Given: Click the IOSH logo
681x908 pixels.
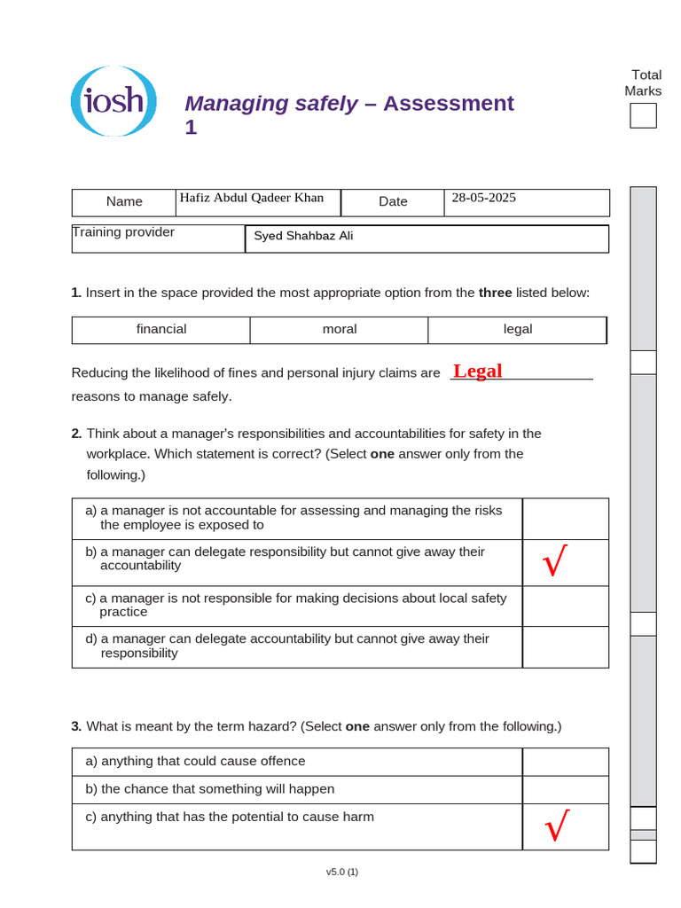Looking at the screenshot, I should [x=113, y=101].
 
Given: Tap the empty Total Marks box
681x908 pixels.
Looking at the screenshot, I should [x=643, y=116].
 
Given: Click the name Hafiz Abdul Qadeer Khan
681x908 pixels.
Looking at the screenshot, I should [x=252, y=198].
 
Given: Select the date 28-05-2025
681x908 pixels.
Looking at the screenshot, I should [x=483, y=198].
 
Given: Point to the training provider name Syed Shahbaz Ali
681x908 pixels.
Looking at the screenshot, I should [x=303, y=236].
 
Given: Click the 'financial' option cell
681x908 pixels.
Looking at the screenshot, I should [x=161, y=329].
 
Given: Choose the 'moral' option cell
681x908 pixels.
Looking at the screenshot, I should [x=340, y=329].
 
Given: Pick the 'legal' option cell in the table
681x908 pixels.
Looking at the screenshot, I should [x=518, y=329].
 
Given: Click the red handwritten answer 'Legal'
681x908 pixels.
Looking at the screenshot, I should [x=477, y=371].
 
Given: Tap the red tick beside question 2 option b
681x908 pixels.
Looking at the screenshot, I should [x=556, y=562].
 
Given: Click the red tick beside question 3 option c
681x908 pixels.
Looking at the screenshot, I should [x=557, y=826].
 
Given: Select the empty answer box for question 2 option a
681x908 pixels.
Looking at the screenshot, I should [x=565, y=518].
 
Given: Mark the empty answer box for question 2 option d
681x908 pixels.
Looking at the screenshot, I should [x=565, y=646].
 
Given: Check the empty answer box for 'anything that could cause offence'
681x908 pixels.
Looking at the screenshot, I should [x=565, y=762].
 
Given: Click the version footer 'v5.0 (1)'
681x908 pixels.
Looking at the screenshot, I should [x=341, y=872].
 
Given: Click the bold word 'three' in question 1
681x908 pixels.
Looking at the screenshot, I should [x=495, y=293].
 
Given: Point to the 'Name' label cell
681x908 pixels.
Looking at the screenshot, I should [x=124, y=201].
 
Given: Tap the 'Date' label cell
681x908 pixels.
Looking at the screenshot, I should [x=393, y=201].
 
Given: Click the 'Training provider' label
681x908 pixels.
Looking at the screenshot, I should [x=123, y=232].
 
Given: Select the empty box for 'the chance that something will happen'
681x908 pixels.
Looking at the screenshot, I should [x=565, y=789].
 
